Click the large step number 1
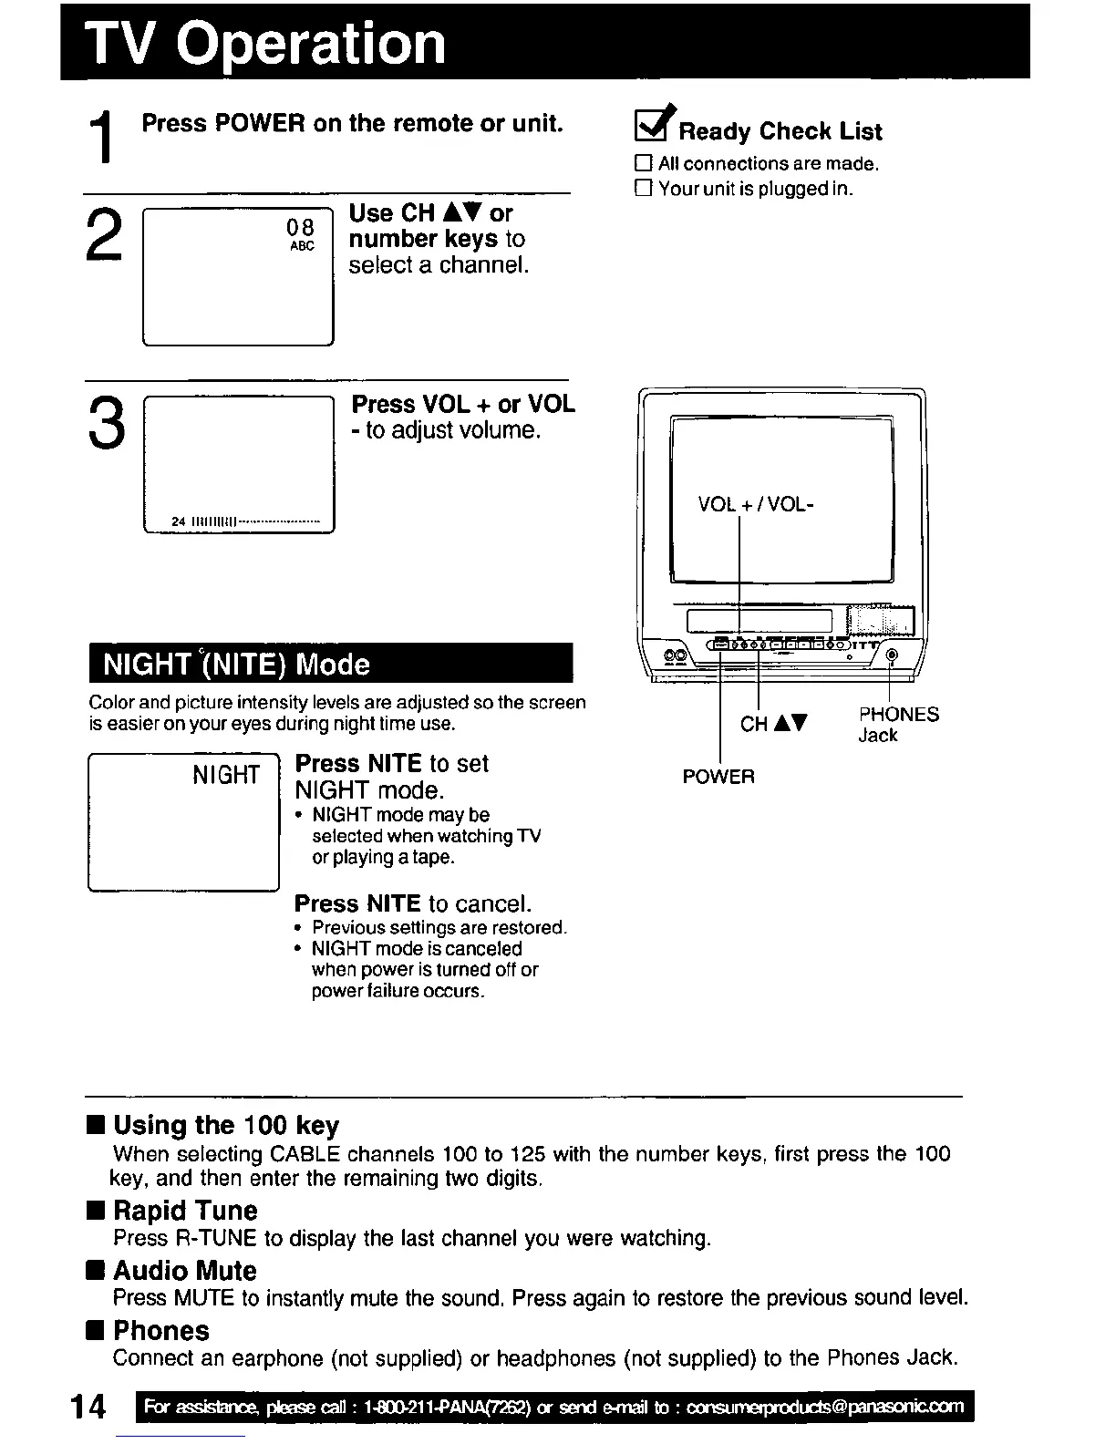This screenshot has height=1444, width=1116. coord(108,138)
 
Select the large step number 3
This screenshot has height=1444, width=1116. coord(106,424)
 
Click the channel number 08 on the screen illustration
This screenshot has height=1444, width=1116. coord(300,227)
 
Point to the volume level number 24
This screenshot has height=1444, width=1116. coord(179,521)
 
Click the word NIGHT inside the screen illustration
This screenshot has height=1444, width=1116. coord(226,776)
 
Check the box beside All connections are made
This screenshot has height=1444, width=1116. coord(644,164)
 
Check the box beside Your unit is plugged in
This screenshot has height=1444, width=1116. coord(644,189)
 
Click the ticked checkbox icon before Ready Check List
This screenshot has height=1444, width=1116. coord(654,128)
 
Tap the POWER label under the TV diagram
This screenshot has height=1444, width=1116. coord(718,778)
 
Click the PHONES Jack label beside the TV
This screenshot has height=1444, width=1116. coord(897,725)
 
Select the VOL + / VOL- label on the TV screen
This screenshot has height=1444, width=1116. coord(756,504)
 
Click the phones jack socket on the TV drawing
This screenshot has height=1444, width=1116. coord(891,655)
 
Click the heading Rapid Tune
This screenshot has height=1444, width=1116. coord(185,1211)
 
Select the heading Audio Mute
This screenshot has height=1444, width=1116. coord(185,1271)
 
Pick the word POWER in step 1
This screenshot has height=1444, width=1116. coord(260,123)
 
